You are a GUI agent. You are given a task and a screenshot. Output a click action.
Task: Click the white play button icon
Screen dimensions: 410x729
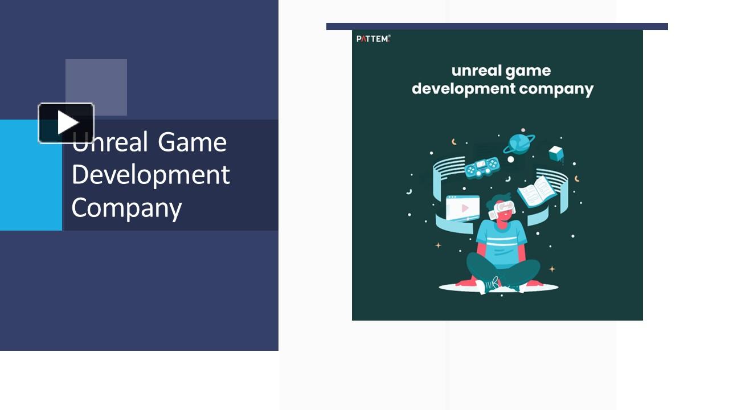[x=66, y=122]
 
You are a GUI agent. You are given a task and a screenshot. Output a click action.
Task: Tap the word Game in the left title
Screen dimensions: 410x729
[x=192, y=142]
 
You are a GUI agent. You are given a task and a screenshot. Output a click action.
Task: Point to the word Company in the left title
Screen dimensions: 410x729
[x=126, y=208]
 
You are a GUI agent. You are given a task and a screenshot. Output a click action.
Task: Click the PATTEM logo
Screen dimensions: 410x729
[x=373, y=39]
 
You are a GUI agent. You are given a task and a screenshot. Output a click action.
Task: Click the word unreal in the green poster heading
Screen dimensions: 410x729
[x=476, y=71]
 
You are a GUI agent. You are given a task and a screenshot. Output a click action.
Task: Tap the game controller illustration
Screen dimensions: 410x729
[x=482, y=167]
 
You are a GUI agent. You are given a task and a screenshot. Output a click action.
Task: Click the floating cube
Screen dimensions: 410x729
[x=555, y=154]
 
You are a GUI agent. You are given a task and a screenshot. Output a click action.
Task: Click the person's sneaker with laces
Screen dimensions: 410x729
[x=489, y=285]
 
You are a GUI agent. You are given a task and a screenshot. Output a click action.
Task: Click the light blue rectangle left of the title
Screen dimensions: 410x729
[x=31, y=175]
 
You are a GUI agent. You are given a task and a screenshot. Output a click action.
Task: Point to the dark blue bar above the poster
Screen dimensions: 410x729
[x=497, y=26]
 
